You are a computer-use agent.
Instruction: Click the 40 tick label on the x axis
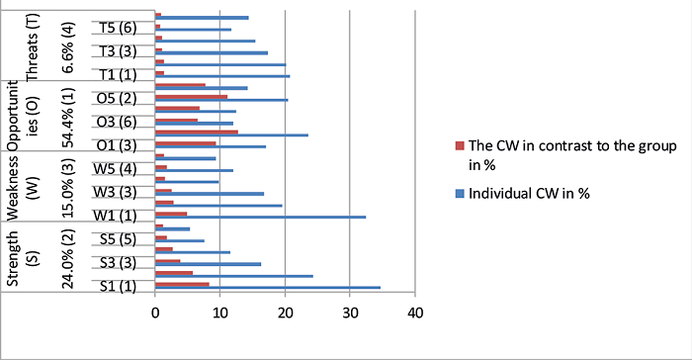415,314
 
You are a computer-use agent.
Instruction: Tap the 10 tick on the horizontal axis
220,314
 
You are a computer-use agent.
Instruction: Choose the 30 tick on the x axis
350,314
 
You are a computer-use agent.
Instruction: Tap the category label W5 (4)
115,169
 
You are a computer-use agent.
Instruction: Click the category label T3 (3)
115,51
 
